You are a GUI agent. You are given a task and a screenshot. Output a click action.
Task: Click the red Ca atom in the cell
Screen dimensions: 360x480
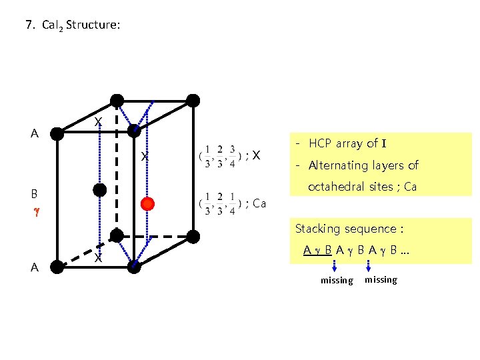(148, 203)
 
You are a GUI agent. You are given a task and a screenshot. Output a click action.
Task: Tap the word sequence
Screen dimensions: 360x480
(376, 229)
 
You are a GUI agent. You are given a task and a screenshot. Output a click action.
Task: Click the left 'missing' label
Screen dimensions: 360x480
(337, 281)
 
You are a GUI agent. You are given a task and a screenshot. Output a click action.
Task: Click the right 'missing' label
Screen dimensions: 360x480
(381, 280)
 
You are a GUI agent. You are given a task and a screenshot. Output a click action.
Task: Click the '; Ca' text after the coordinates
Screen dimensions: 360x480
(257, 203)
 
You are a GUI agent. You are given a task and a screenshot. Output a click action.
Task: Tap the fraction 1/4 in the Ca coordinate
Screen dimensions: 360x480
(231, 203)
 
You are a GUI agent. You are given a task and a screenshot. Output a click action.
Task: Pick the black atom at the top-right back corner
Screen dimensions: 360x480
(193, 101)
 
